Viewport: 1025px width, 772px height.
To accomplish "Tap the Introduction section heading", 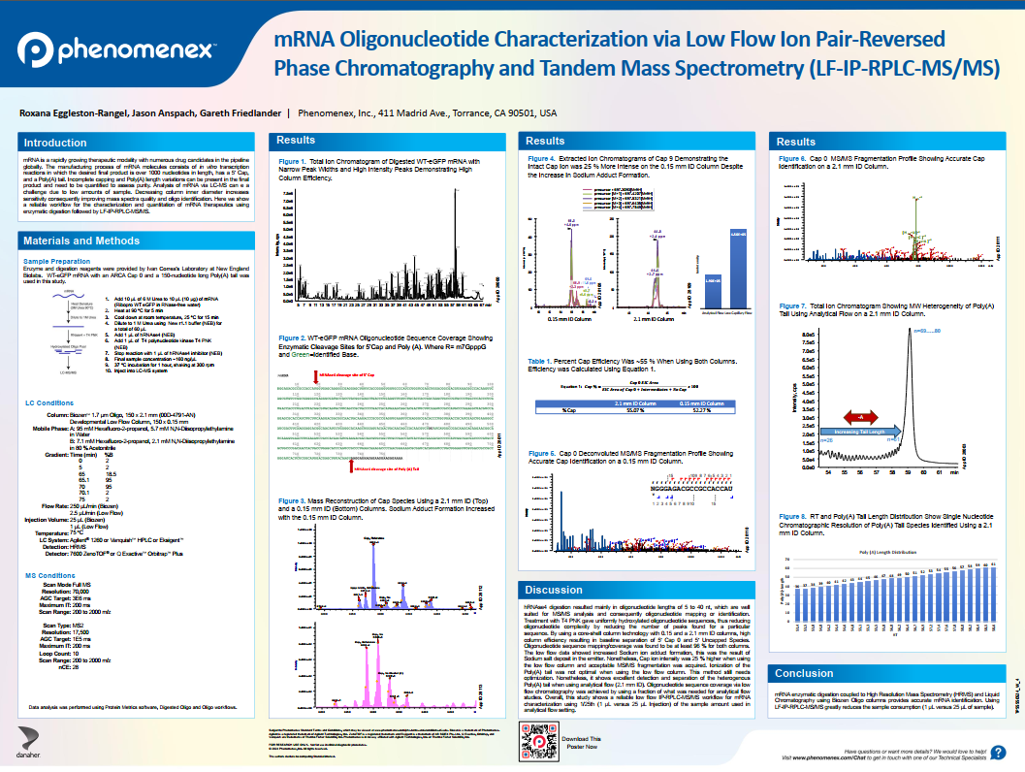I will [55, 143].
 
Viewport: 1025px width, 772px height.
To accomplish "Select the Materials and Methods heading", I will [81, 241].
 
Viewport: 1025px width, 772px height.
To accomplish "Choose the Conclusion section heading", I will [805, 673].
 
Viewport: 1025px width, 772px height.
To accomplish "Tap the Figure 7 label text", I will [793, 305].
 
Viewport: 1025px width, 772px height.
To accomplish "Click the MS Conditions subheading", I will [48, 575].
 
